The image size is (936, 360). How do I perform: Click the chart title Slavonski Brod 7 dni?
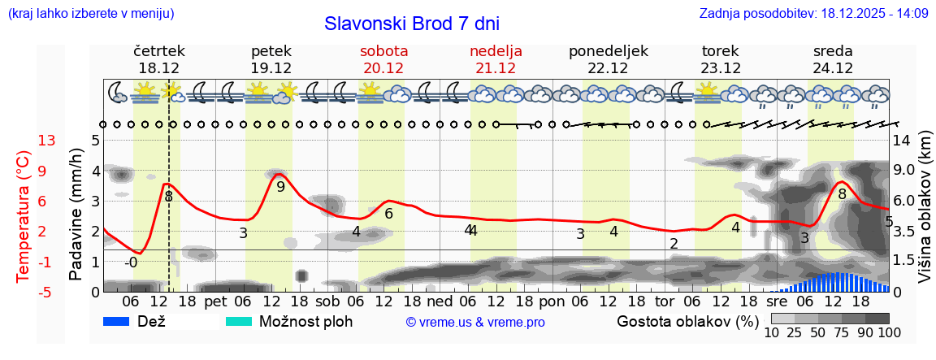(x=412, y=23)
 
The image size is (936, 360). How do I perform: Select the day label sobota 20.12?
(x=383, y=59)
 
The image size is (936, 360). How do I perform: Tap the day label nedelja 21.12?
(x=496, y=59)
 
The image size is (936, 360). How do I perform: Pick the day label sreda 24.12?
(x=833, y=59)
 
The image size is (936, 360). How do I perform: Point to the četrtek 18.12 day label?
(x=159, y=59)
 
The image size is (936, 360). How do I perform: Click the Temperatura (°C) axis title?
(x=24, y=216)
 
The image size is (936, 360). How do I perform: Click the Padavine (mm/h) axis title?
(x=76, y=215)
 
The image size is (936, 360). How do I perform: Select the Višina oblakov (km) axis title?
(x=925, y=216)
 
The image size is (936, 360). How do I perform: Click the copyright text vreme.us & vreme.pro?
(x=475, y=323)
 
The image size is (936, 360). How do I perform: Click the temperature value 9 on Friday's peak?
(x=281, y=187)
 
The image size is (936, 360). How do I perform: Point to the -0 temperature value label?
(x=131, y=262)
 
